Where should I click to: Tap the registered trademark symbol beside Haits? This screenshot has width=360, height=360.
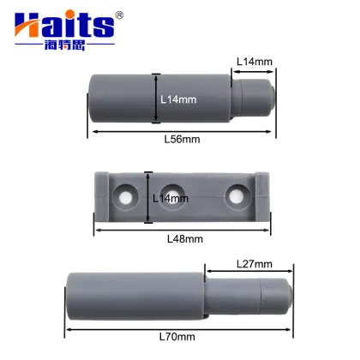point(120,15)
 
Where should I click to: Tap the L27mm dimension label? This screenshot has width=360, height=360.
point(255,264)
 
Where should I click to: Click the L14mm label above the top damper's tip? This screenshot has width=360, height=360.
point(255,61)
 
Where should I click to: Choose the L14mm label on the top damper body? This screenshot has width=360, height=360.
point(178,99)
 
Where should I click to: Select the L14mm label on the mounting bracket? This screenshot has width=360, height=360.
point(169,199)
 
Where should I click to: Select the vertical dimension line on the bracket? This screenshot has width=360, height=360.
point(148,196)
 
